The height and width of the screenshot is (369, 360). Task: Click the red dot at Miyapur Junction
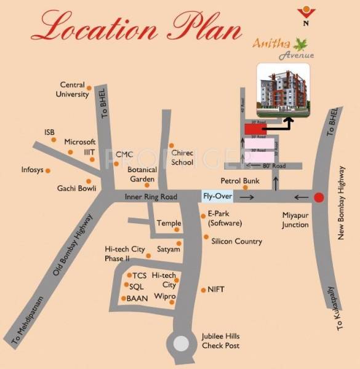(x=319, y=197)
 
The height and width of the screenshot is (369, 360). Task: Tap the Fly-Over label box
(x=217, y=197)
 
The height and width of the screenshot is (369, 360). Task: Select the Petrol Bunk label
(x=241, y=181)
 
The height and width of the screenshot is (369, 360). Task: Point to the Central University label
(x=72, y=90)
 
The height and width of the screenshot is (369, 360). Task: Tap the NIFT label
(x=217, y=289)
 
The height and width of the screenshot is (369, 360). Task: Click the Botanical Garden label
(x=142, y=174)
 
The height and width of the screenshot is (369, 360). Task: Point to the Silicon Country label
(x=237, y=242)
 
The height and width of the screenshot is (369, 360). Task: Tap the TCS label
(x=140, y=276)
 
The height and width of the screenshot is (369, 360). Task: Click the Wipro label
(x=164, y=296)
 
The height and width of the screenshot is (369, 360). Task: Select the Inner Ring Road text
(x=151, y=197)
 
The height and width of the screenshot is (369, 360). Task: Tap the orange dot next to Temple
(x=178, y=230)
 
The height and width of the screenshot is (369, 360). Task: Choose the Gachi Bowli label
(x=76, y=188)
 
